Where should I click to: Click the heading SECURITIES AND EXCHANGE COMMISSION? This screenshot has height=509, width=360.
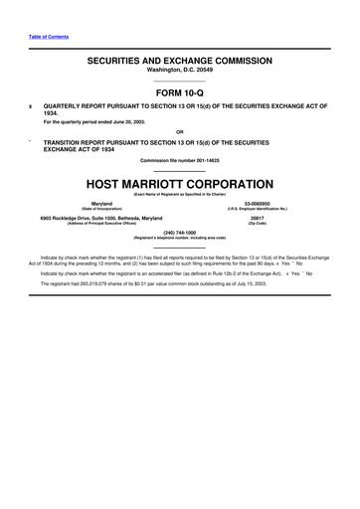pos(179,61)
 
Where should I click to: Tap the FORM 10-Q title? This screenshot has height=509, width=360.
pos(179,91)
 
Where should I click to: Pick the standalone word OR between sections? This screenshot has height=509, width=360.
pos(179,131)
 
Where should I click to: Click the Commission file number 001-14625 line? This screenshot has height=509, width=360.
pos(179,160)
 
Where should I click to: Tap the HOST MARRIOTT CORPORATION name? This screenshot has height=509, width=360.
pos(179,184)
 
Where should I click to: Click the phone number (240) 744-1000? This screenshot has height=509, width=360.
pos(179,232)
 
